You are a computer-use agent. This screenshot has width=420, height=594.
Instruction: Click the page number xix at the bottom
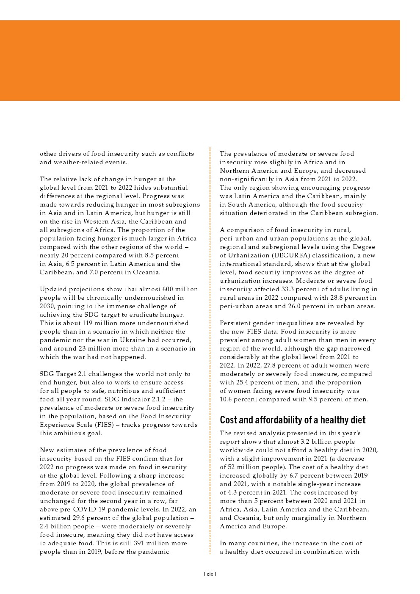tap(210, 574)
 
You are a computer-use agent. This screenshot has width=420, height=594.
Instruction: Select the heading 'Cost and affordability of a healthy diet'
tap(293, 420)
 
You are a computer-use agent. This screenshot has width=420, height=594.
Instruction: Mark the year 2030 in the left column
tap(47, 306)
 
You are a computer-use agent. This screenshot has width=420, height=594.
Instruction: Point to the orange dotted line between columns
tap(210, 351)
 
